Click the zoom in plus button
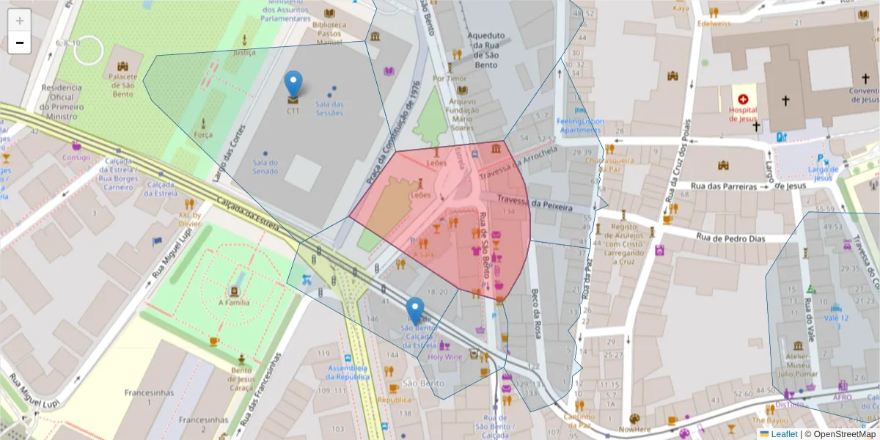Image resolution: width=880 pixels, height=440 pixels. [x=20, y=20]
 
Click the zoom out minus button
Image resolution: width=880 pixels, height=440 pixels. [x=20, y=43]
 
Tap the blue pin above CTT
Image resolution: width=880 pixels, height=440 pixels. [x=293, y=84]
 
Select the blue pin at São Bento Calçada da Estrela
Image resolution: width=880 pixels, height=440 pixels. [x=415, y=310]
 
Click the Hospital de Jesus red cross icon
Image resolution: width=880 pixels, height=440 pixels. [x=743, y=99]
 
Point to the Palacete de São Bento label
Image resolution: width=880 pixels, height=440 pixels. [x=122, y=85]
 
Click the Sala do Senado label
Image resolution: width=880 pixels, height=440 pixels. [x=265, y=166]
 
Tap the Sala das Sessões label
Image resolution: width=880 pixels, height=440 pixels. [x=329, y=108]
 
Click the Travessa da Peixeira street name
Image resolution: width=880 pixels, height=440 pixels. [x=535, y=203]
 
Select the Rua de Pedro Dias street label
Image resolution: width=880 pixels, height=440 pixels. [x=730, y=238]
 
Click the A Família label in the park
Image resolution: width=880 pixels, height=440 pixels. [x=234, y=302]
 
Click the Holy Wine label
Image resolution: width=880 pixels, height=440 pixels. [x=444, y=357]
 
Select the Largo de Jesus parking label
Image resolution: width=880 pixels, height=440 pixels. [x=822, y=173]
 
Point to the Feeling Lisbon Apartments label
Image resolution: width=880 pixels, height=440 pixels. [x=580, y=125]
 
